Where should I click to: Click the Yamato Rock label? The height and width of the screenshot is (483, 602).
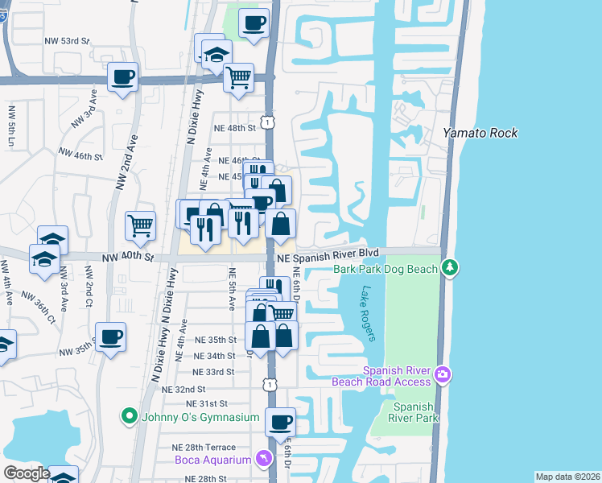pyautogui.click(x=481, y=133)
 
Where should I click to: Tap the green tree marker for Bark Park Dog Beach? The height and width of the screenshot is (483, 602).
pyautogui.click(x=450, y=267)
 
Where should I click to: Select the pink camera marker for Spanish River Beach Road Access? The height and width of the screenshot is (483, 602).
pyautogui.click(x=443, y=375)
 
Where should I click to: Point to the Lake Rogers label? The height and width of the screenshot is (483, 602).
pyautogui.click(x=369, y=314)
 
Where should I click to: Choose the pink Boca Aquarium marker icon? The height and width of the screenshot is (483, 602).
pyautogui.click(x=262, y=459)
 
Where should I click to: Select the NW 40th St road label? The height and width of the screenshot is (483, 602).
pyautogui.click(x=127, y=258)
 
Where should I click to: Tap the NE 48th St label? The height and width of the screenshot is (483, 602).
pyautogui.click(x=234, y=127)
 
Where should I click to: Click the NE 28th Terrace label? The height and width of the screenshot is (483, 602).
pyautogui.click(x=204, y=447)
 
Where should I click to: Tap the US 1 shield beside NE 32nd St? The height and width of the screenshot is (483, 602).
pyautogui.click(x=270, y=385)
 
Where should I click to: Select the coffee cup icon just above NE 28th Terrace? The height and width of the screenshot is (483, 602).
pyautogui.click(x=280, y=421)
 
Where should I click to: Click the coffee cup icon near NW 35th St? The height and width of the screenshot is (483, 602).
pyautogui.click(x=110, y=336)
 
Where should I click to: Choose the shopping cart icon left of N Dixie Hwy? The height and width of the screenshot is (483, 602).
pyautogui.click(x=140, y=225)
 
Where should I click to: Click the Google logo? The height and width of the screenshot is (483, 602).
pyautogui.click(x=27, y=473)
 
